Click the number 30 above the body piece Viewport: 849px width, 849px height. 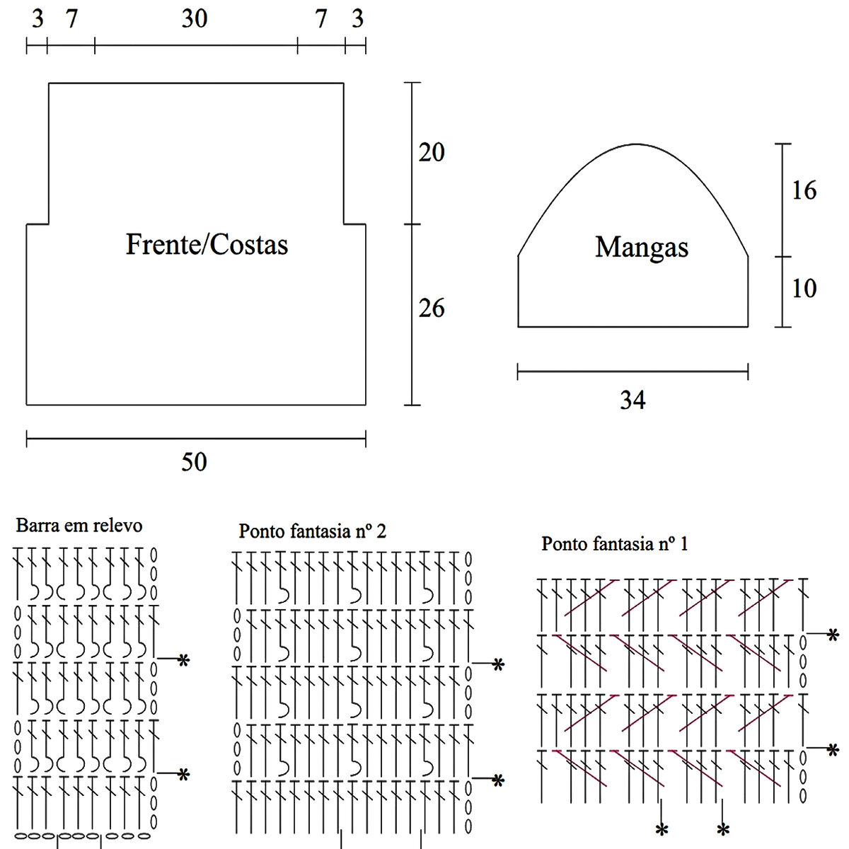pyautogui.click(x=195, y=18)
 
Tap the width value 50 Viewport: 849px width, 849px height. pyautogui.click(x=194, y=462)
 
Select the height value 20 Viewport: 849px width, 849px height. pyautogui.click(x=432, y=152)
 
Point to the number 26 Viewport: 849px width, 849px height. pyautogui.click(x=432, y=308)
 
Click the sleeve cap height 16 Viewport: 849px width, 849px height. pyautogui.click(x=804, y=190)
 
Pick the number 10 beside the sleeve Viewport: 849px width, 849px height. pyautogui.click(x=804, y=288)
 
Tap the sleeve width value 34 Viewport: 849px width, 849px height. pyautogui.click(x=633, y=400)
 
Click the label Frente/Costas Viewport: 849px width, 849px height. pyautogui.click(x=207, y=245)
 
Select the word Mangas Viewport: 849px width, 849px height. pyautogui.click(x=642, y=248)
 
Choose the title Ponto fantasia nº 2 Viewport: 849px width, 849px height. pyautogui.click(x=312, y=531)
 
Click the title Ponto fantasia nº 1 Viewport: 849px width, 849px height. pyautogui.click(x=614, y=544)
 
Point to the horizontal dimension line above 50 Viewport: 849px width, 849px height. pyautogui.click(x=196, y=439)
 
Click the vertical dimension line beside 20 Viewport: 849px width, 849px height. pyautogui.click(x=412, y=153)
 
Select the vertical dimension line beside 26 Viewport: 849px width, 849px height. pyautogui.click(x=412, y=315)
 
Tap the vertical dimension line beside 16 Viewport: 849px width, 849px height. pyautogui.click(x=782, y=200)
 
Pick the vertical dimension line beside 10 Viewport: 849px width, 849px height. pyautogui.click(x=782, y=291)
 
